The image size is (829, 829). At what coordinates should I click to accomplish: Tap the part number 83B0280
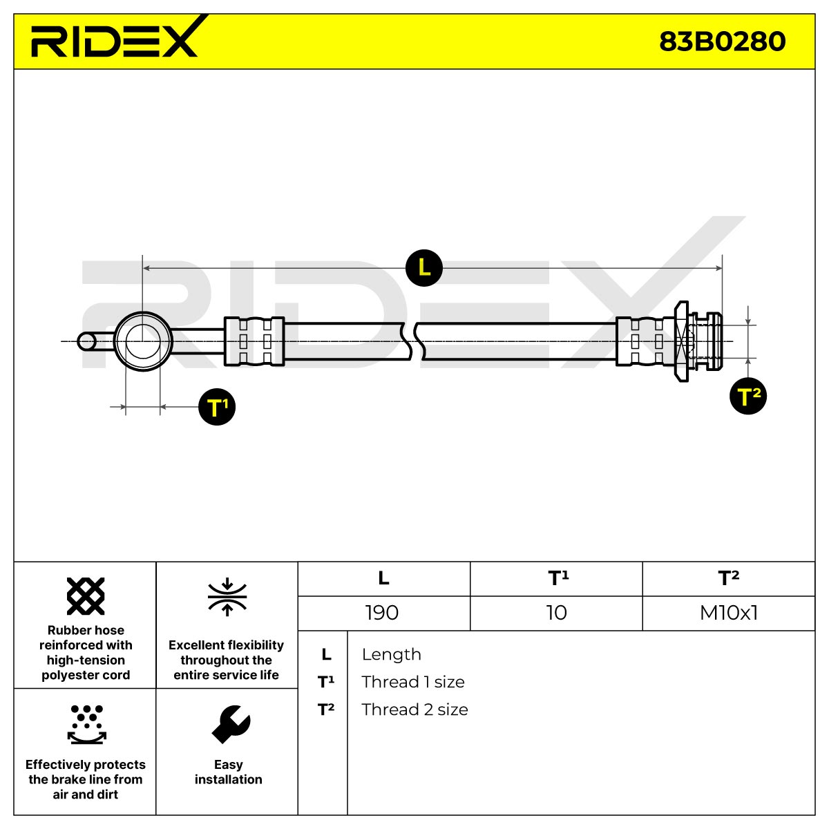pyautogui.click(x=722, y=41)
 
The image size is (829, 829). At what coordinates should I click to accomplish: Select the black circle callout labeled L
pyautogui.click(x=423, y=267)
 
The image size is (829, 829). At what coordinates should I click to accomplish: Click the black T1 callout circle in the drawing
pyautogui.click(x=217, y=407)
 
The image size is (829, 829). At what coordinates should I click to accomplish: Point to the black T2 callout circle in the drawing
pyautogui.click(x=748, y=396)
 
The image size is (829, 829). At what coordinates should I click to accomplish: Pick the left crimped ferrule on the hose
pyautogui.click(x=254, y=341)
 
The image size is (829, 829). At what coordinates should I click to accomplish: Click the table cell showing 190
pyautogui.click(x=382, y=613)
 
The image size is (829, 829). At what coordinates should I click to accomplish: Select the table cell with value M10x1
pyautogui.click(x=729, y=613)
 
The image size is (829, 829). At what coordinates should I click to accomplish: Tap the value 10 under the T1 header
pyautogui.click(x=556, y=613)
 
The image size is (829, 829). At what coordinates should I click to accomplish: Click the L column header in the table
pyautogui.click(x=383, y=578)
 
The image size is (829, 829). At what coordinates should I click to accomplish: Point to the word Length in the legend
pyautogui.click(x=392, y=654)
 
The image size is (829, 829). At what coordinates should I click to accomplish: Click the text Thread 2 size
pyautogui.click(x=414, y=709)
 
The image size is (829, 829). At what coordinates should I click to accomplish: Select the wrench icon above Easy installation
pyautogui.click(x=231, y=725)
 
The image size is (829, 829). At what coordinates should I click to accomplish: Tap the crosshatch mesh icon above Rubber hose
pyautogui.click(x=86, y=596)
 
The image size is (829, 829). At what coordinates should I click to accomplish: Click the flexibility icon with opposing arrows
pyautogui.click(x=227, y=597)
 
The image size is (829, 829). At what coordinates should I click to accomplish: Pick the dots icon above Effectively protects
pyautogui.click(x=87, y=725)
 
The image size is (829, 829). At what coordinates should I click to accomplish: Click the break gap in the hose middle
pyautogui.click(x=414, y=341)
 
